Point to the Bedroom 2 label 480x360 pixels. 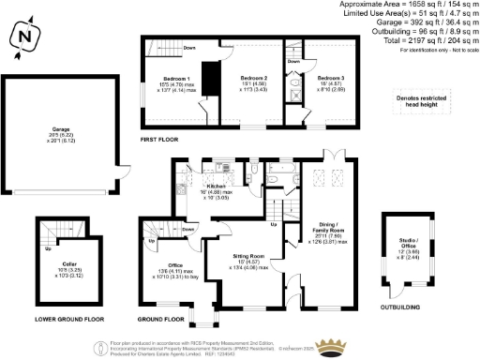254,78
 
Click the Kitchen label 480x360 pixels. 217,186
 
